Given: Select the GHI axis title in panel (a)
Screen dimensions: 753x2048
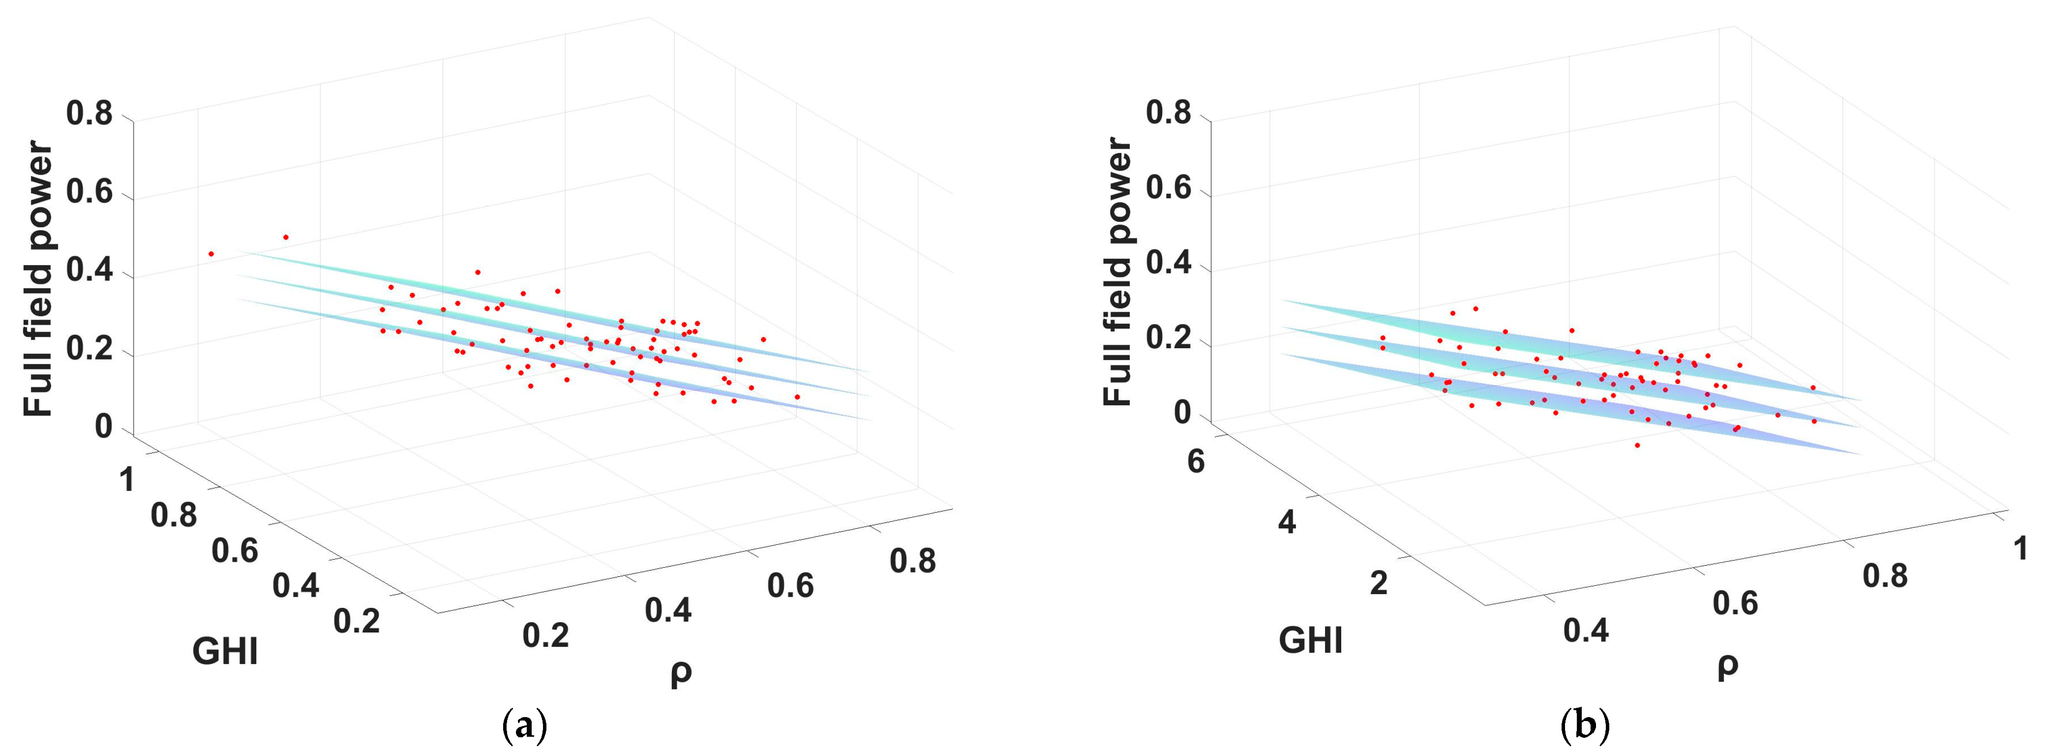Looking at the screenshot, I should pyautogui.click(x=225, y=652).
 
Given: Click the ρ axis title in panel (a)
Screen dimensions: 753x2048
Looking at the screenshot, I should pyautogui.click(x=681, y=672).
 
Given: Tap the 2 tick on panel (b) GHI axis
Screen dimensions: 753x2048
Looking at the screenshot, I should pyautogui.click(x=1379, y=583).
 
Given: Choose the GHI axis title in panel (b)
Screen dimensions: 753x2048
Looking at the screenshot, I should pyautogui.click(x=1310, y=640).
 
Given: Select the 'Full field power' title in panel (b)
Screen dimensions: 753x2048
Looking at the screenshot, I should pyautogui.click(x=1118, y=272).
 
